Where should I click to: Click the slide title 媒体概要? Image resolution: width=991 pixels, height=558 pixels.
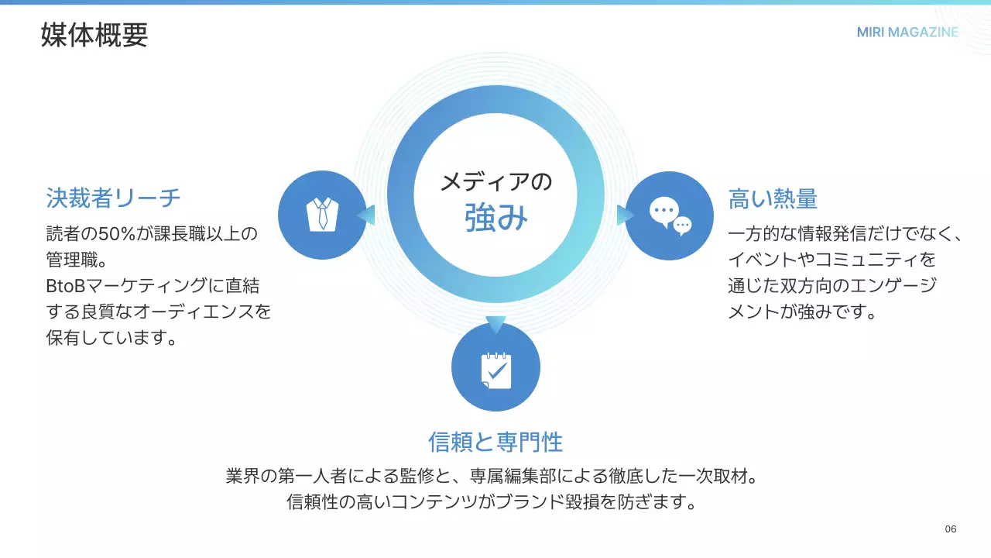[x=94, y=35]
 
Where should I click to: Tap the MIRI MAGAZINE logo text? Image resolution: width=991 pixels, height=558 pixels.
[x=907, y=32]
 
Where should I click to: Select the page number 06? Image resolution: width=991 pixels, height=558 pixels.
[x=950, y=529]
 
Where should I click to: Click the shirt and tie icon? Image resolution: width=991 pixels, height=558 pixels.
[x=323, y=215]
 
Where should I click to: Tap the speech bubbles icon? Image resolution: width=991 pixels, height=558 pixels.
[x=670, y=215]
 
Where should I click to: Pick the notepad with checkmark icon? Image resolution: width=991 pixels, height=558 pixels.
[x=496, y=370]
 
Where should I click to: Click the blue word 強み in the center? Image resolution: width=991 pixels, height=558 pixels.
[x=496, y=218]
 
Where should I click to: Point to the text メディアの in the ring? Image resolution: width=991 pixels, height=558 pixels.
[x=496, y=181]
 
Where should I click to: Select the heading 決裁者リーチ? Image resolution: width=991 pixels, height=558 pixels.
[x=113, y=198]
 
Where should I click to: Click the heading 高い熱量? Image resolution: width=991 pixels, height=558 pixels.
[x=773, y=198]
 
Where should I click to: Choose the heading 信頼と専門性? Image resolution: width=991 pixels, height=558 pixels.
[x=495, y=442]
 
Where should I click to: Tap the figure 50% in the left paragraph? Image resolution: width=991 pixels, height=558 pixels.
[x=116, y=233]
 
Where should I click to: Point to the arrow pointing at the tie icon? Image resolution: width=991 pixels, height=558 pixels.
[x=366, y=215]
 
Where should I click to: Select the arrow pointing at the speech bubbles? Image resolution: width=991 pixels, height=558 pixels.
[x=626, y=215]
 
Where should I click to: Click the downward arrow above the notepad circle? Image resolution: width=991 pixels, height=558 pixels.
[x=495, y=325]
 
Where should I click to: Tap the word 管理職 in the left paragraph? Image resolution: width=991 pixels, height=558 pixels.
[x=72, y=260]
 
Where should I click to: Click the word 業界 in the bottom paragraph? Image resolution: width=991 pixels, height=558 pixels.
[x=243, y=476]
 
